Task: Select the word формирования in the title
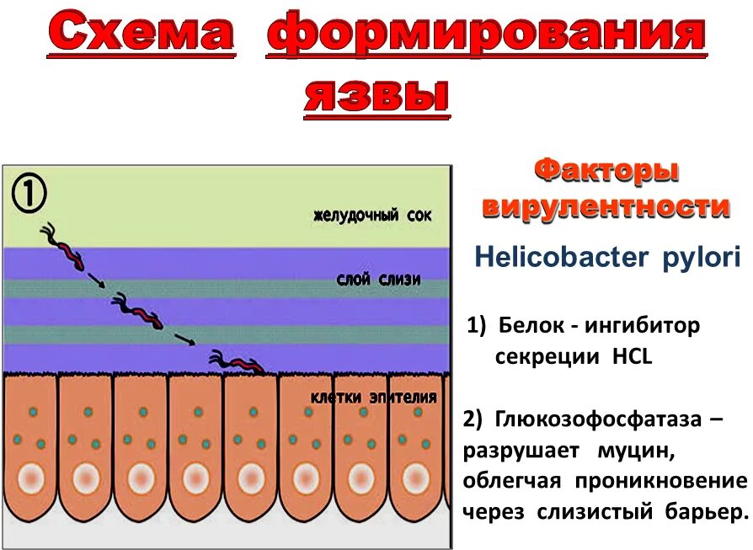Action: (486, 35)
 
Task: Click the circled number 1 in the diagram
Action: (29, 195)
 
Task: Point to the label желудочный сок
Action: (372, 216)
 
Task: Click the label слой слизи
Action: (378, 280)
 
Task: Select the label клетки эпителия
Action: (374, 398)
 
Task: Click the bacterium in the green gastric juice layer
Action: (67, 247)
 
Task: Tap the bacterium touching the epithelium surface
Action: (239, 363)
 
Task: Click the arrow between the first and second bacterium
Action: (97, 280)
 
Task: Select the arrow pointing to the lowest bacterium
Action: (186, 339)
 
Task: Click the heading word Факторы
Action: (606, 172)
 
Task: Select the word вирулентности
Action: (606, 207)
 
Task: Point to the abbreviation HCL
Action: (631, 356)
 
